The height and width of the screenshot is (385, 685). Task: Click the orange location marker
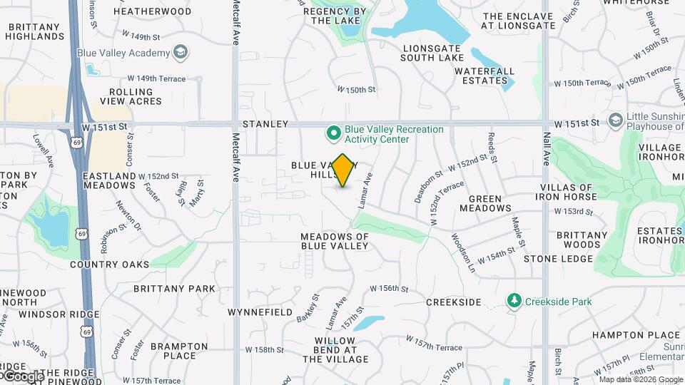pyautogui.click(x=343, y=170)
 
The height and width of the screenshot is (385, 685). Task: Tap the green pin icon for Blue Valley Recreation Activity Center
pyautogui.click(x=333, y=133)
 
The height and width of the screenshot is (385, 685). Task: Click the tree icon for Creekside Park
pyautogui.click(x=514, y=301)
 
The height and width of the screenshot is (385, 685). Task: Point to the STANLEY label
pyautogui.click(x=265, y=124)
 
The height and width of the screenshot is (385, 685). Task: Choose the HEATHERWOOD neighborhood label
pyautogui.click(x=152, y=11)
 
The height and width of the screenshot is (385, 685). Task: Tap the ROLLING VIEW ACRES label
pyautogui.click(x=131, y=96)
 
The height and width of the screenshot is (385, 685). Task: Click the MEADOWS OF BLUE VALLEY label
pyautogui.click(x=334, y=241)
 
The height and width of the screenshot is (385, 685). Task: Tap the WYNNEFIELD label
pyautogui.click(x=260, y=312)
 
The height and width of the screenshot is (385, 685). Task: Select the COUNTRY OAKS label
pyautogui.click(x=110, y=265)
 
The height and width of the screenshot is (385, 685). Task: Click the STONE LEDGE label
pyautogui.click(x=553, y=258)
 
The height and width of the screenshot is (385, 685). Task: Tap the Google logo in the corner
pyautogui.click(x=23, y=376)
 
